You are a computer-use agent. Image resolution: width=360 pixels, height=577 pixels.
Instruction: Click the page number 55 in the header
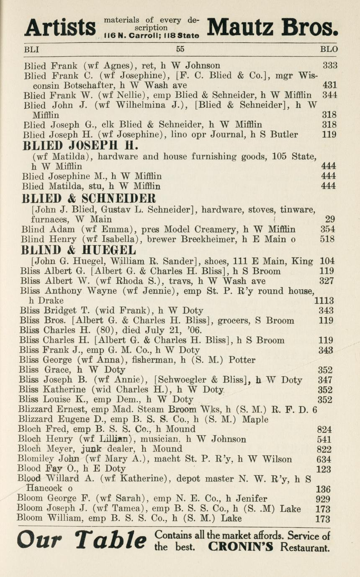pos(180,49)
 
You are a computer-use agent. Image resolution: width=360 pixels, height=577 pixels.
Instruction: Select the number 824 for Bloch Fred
pos(325,429)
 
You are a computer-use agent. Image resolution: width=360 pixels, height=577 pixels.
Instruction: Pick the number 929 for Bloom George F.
pos(323,499)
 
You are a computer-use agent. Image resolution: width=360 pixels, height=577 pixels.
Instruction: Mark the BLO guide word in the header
pos(329,49)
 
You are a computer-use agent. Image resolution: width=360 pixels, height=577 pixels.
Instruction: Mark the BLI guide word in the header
pos(32,49)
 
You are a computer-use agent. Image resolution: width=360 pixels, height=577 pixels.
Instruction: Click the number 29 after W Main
pos(330,219)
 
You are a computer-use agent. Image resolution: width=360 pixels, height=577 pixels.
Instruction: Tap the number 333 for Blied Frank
pos(330,65)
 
